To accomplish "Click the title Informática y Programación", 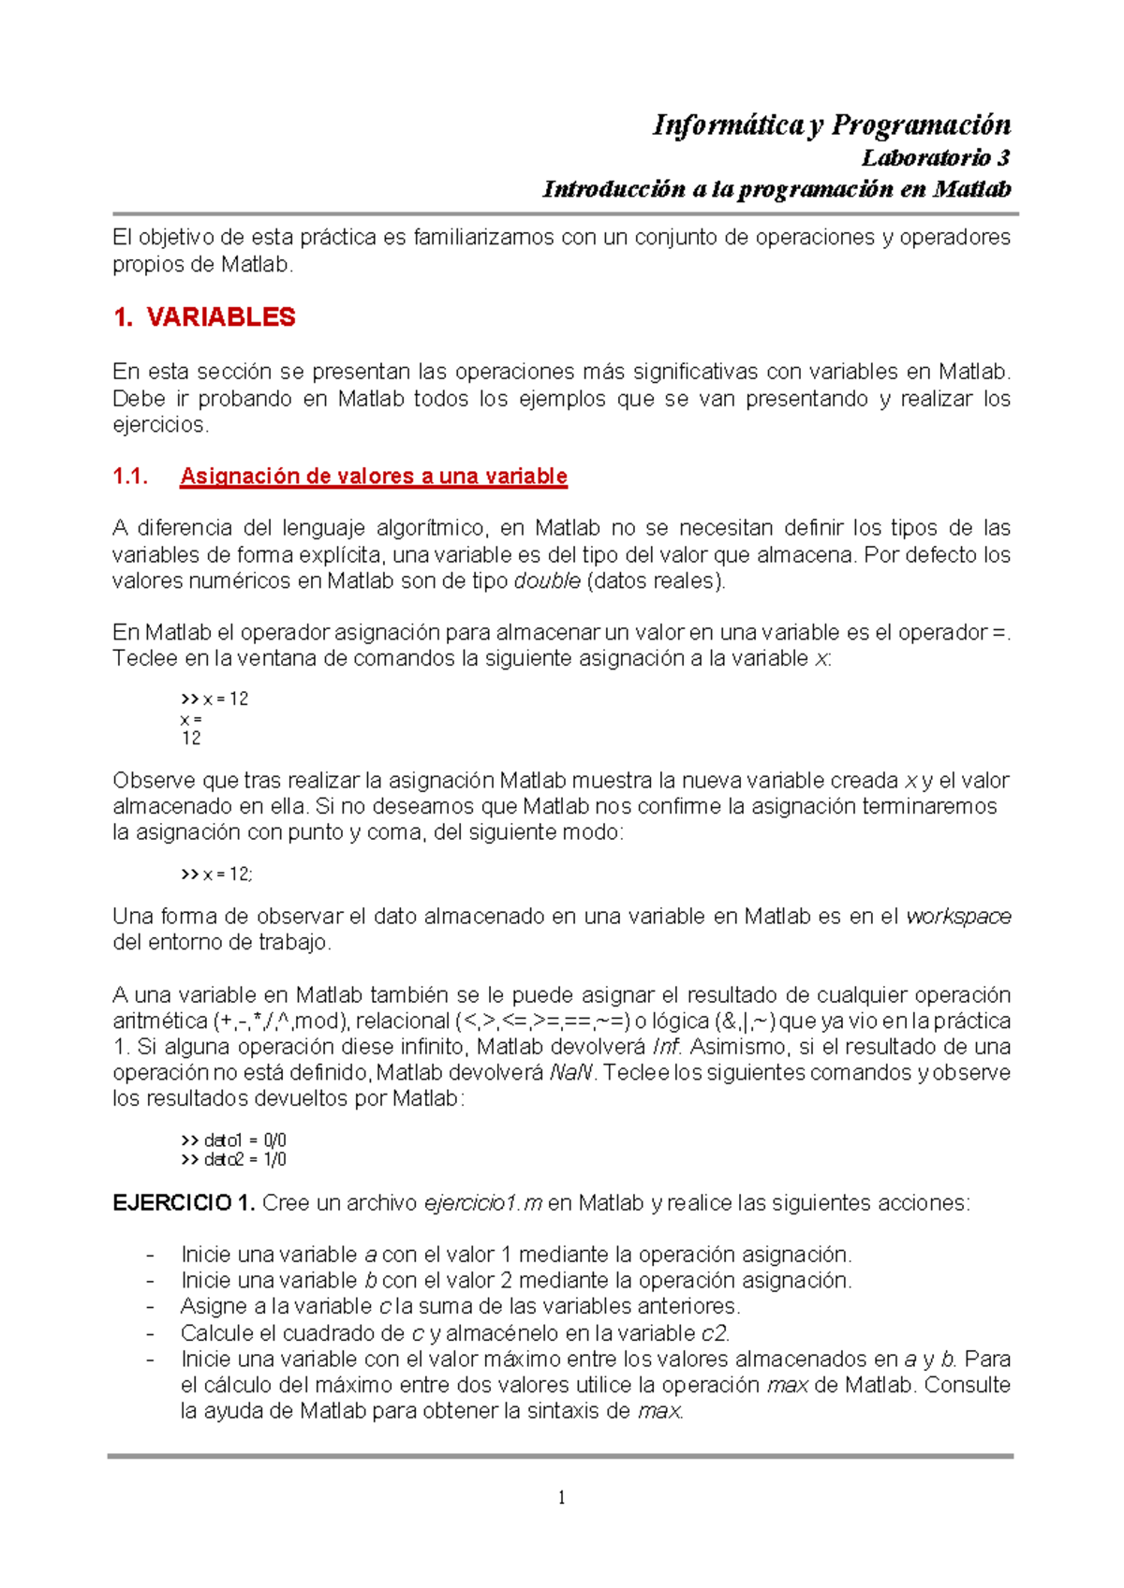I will click(x=831, y=125).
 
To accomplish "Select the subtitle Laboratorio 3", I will click(x=935, y=157).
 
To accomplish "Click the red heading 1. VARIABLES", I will click(x=203, y=317).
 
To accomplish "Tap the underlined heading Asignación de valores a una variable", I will click(x=373, y=476).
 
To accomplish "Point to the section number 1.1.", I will click(x=130, y=476).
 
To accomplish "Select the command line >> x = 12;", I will click(x=216, y=874).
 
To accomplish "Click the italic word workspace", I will click(x=958, y=916).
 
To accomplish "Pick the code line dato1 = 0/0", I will click(x=234, y=1140).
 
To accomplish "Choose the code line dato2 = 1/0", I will click(x=234, y=1159).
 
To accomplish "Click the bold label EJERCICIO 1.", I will click(x=184, y=1202).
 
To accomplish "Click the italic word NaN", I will click(x=570, y=1072).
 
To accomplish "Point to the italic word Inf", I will click(x=666, y=1046).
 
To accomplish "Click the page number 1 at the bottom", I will click(x=561, y=1497).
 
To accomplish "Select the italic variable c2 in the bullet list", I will click(x=715, y=1332).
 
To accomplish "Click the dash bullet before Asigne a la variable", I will click(x=150, y=1306).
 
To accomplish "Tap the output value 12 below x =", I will click(x=191, y=738).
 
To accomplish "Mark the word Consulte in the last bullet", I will click(x=968, y=1385).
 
